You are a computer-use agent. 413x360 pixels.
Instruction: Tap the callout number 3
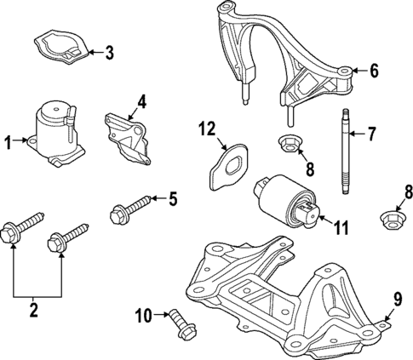tap(109, 54)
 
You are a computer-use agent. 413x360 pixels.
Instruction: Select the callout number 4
tap(141, 101)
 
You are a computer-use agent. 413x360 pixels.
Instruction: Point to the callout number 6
tap(374, 71)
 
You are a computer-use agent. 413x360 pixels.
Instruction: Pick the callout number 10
tap(142, 316)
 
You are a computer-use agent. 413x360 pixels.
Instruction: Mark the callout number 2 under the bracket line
tap(35, 311)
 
